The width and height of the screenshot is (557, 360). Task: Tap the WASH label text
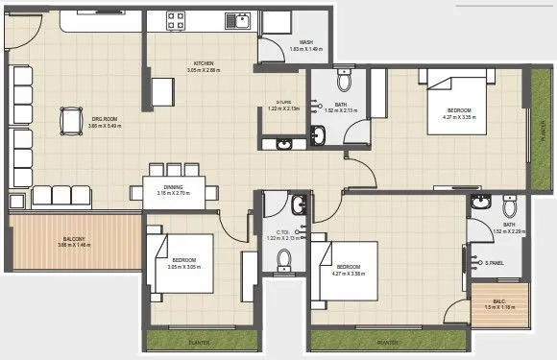coord(305,42)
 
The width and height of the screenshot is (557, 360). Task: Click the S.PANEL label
coord(496,261)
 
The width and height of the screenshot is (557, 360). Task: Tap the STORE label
coord(283,102)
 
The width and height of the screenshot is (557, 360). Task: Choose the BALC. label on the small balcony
coord(499,300)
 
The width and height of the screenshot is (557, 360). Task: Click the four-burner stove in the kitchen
coord(178,19)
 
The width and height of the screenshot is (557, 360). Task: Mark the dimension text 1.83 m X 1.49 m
coord(305,49)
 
